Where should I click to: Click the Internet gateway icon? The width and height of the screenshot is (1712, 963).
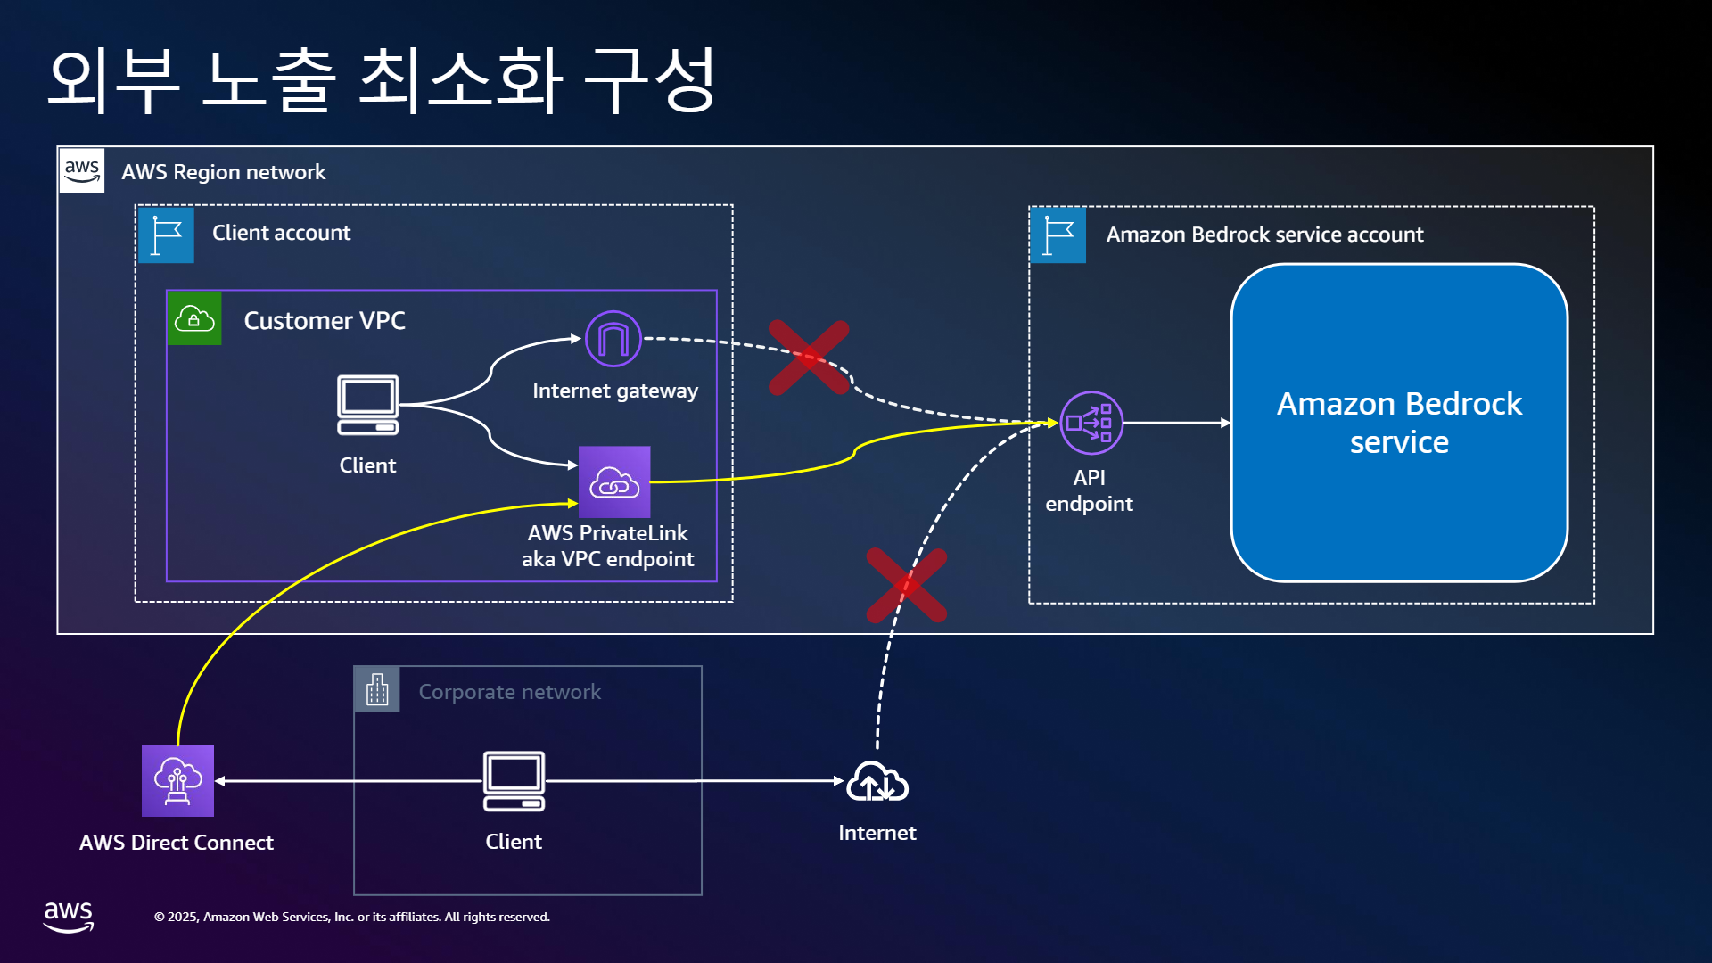(x=613, y=339)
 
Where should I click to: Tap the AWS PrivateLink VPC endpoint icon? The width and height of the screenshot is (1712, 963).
(x=614, y=481)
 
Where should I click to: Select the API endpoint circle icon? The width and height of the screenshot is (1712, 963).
(x=1091, y=423)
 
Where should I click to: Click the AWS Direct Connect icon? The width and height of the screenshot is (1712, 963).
(x=177, y=780)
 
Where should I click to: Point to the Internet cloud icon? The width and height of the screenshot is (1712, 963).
(x=877, y=781)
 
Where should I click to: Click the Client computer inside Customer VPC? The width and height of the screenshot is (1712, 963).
(x=368, y=405)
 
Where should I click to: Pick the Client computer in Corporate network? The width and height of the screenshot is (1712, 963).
(x=514, y=781)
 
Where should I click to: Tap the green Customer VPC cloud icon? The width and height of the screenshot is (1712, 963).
(x=194, y=318)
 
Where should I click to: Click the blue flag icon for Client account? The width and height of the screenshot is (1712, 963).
(x=166, y=235)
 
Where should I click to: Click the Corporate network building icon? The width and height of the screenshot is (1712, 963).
(x=377, y=689)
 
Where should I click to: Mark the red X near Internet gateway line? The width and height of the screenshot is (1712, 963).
(x=809, y=358)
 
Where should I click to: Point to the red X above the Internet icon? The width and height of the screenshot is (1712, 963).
(x=907, y=585)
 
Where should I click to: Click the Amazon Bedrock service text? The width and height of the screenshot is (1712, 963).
(x=1399, y=423)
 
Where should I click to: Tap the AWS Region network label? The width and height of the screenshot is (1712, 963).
(x=224, y=172)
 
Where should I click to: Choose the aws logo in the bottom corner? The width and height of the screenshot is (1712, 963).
(x=69, y=917)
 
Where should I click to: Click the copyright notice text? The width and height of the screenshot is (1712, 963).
(x=352, y=917)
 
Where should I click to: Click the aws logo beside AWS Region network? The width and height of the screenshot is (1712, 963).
(x=82, y=170)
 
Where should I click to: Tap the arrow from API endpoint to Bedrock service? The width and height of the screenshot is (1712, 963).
(x=1177, y=423)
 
